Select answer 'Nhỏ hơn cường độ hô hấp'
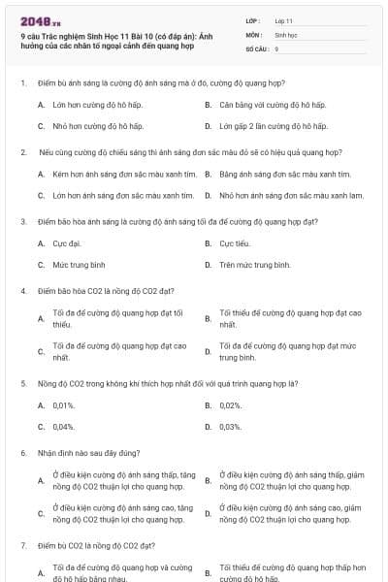(98, 126)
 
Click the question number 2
(22, 152)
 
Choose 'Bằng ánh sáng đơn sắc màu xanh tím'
(285, 174)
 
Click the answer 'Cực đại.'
(67, 243)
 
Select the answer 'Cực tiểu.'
(235, 243)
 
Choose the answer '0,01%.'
(64, 405)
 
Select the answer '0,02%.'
(231, 405)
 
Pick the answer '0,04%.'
(64, 426)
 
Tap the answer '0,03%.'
(231, 426)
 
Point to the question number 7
(22, 546)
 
